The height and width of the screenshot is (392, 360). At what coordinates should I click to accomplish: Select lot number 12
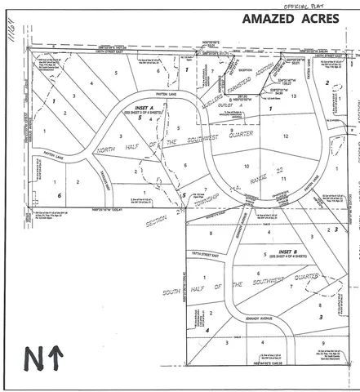click(287, 135)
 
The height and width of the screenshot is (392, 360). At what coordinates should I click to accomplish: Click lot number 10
click(247, 166)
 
